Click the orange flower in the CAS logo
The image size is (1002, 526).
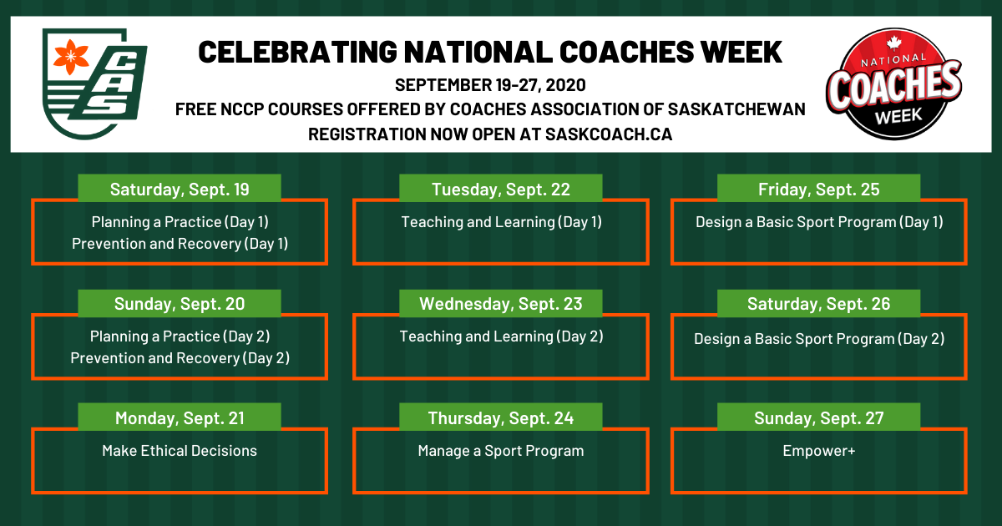click(71, 57)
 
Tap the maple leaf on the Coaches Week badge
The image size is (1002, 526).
click(893, 43)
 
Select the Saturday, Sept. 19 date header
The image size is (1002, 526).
click(180, 189)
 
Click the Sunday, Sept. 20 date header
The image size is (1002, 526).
click(180, 303)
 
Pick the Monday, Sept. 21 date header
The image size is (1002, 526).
click(180, 417)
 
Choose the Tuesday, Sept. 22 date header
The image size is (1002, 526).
click(500, 189)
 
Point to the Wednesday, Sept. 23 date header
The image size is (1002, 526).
click(500, 303)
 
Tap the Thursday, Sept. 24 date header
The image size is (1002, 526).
click(500, 417)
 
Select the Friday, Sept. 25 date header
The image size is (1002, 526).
click(818, 189)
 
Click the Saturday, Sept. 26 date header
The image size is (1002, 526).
click(818, 303)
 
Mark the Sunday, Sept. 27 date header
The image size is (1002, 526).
click(818, 417)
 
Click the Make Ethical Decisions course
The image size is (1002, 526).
click(180, 450)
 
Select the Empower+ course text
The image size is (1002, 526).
click(818, 450)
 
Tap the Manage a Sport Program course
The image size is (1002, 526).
click(500, 451)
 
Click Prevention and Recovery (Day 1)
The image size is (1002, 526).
click(180, 244)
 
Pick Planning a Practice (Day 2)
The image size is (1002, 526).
click(180, 336)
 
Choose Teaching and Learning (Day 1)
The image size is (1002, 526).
click(501, 222)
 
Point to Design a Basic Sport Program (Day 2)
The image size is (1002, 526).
click(818, 339)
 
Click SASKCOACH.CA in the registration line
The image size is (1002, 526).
click(609, 134)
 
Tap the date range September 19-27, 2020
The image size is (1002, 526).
click(490, 85)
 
